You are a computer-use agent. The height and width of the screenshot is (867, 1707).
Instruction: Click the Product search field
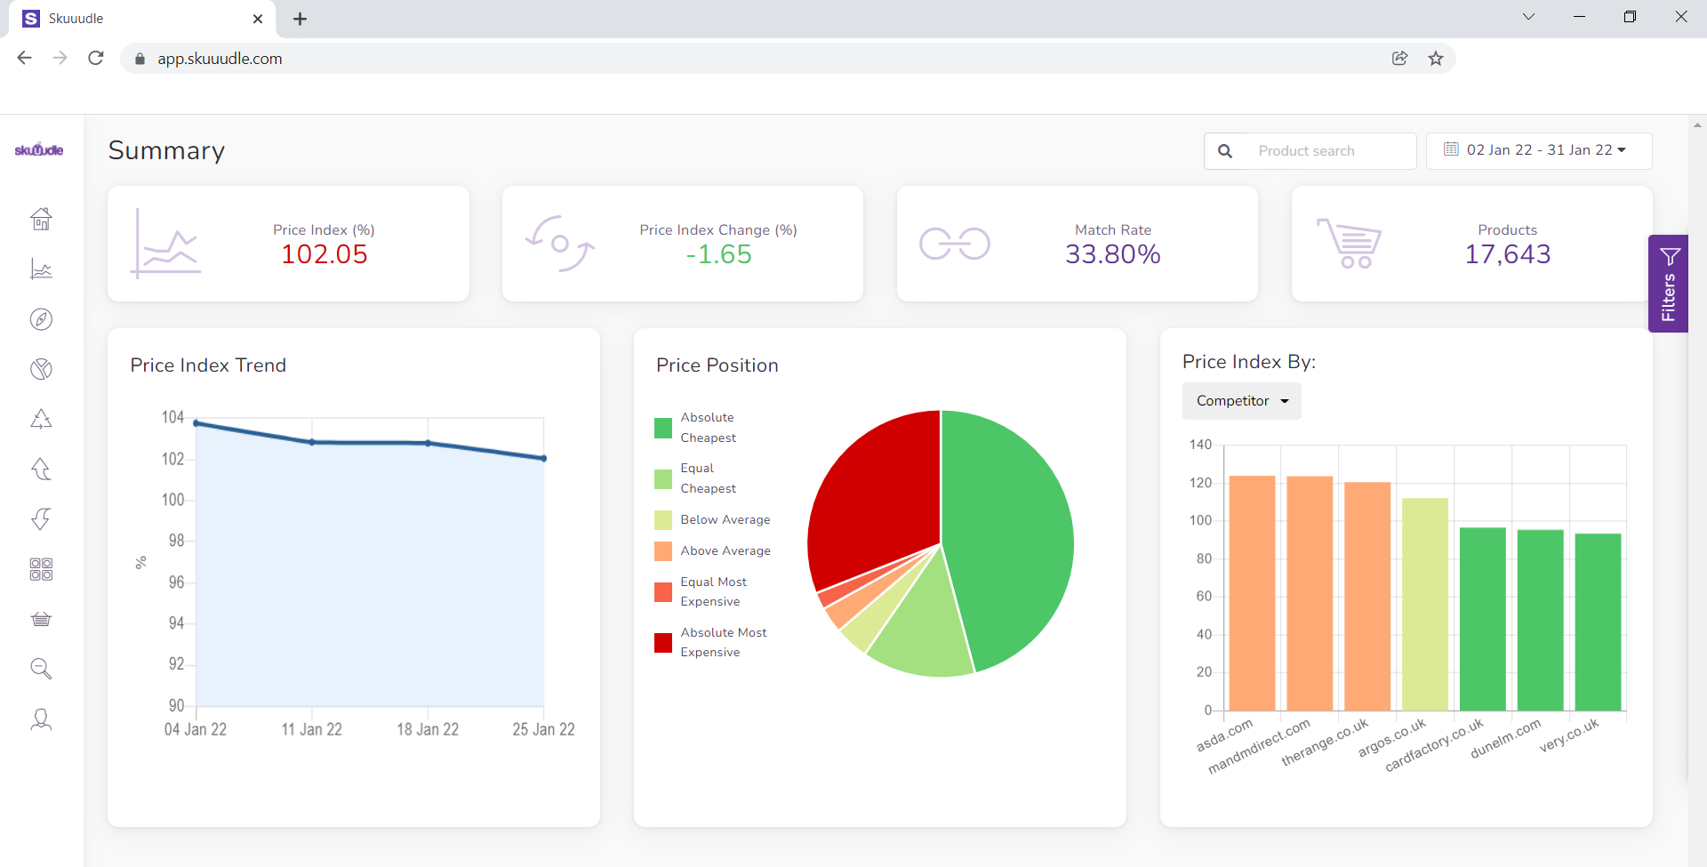(1325, 151)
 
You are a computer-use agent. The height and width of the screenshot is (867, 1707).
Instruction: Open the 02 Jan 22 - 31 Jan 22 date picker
(1539, 150)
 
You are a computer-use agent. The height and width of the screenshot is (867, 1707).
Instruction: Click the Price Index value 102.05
(324, 254)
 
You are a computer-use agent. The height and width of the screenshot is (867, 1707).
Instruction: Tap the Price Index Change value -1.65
(718, 254)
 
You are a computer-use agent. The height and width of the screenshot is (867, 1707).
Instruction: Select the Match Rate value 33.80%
(1112, 254)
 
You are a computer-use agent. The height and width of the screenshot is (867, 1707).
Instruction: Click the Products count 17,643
(1507, 254)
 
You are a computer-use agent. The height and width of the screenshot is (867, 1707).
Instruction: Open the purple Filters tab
(1668, 284)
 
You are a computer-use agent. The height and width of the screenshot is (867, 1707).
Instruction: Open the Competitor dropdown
(1241, 401)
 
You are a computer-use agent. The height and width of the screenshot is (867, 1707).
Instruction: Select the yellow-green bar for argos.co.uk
(1424, 605)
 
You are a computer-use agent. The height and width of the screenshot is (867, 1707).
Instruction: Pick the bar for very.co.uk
(1598, 622)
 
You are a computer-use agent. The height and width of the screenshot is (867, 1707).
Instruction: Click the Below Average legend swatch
(663, 520)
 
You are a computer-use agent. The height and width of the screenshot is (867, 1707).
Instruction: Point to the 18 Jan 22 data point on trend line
(428, 443)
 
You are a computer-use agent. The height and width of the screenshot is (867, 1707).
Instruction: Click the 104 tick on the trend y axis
(172, 417)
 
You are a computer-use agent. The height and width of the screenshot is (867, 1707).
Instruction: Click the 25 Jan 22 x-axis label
(543, 729)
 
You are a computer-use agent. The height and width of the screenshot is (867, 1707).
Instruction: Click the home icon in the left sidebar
(41, 219)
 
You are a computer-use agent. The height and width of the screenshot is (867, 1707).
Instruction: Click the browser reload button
(96, 58)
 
